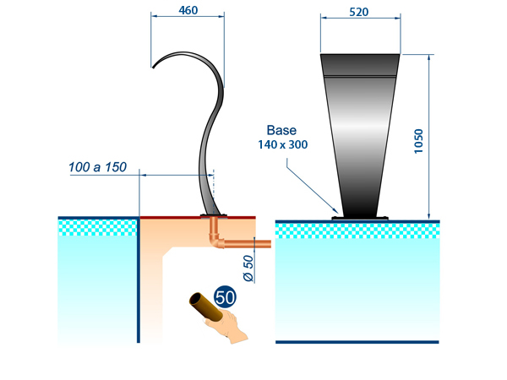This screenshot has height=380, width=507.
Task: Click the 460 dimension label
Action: click(x=189, y=12)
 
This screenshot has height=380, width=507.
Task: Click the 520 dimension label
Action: click(x=358, y=12)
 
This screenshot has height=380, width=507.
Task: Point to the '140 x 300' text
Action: click(x=282, y=144)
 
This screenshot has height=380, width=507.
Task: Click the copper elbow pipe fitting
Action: click(x=215, y=244)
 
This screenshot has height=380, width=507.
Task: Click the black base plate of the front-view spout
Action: click(x=360, y=219)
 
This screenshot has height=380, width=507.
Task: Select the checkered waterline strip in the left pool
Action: click(x=97, y=226)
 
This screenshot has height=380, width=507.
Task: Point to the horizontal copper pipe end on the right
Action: click(x=258, y=244)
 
